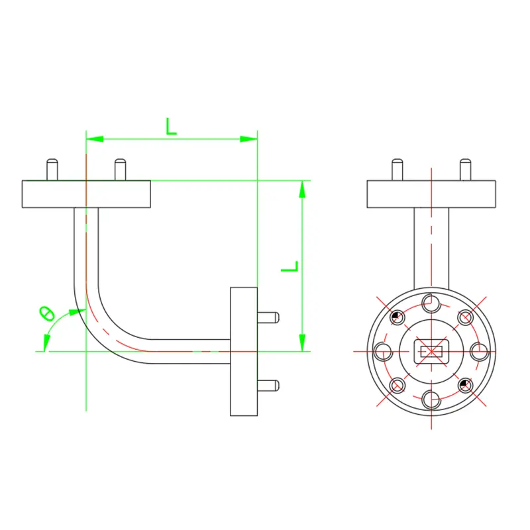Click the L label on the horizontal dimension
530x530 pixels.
tap(172, 125)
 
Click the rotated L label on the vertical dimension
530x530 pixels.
tap(290, 266)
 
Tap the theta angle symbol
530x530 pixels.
tap(46, 313)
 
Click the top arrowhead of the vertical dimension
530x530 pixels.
tap(302, 189)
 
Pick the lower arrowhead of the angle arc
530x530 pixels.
tap(46, 343)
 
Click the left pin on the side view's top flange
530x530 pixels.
tap(52, 170)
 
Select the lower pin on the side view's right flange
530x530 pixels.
tap(268, 384)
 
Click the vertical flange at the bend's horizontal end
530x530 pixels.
tap(243, 351)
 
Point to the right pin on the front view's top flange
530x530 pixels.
tap(465, 170)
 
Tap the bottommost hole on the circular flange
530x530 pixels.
tap(431, 398)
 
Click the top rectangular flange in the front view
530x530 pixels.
tap(431, 193)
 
